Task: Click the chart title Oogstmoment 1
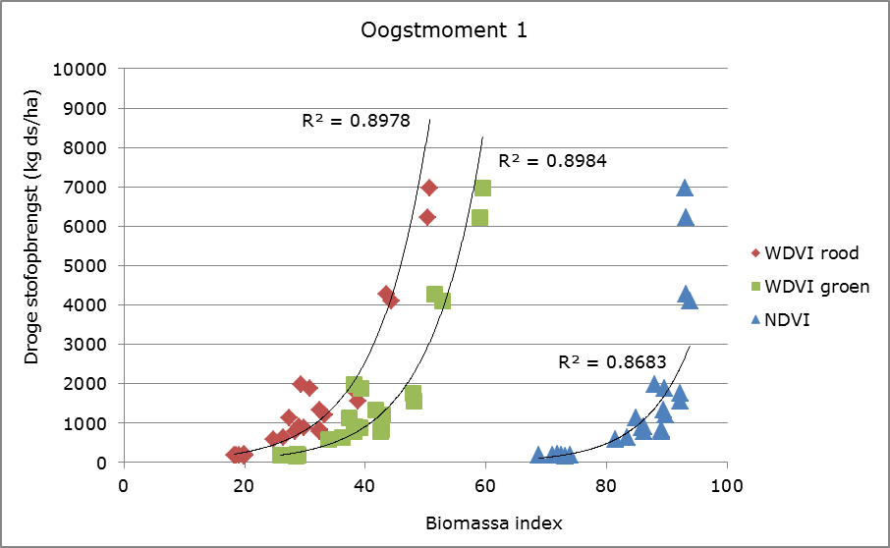pyautogui.click(x=445, y=30)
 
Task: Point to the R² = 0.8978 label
pyautogui.click(x=355, y=122)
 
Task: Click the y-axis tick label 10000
pyautogui.click(x=91, y=70)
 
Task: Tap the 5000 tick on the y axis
pyautogui.click(x=96, y=266)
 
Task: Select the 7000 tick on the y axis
pyautogui.click(x=96, y=188)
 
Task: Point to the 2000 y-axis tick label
pyautogui.click(x=96, y=384)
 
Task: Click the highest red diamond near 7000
pyautogui.click(x=429, y=188)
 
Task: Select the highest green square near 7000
pyautogui.click(x=482, y=188)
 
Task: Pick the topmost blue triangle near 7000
pyautogui.click(x=685, y=188)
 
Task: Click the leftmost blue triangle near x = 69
pyautogui.click(x=538, y=455)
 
